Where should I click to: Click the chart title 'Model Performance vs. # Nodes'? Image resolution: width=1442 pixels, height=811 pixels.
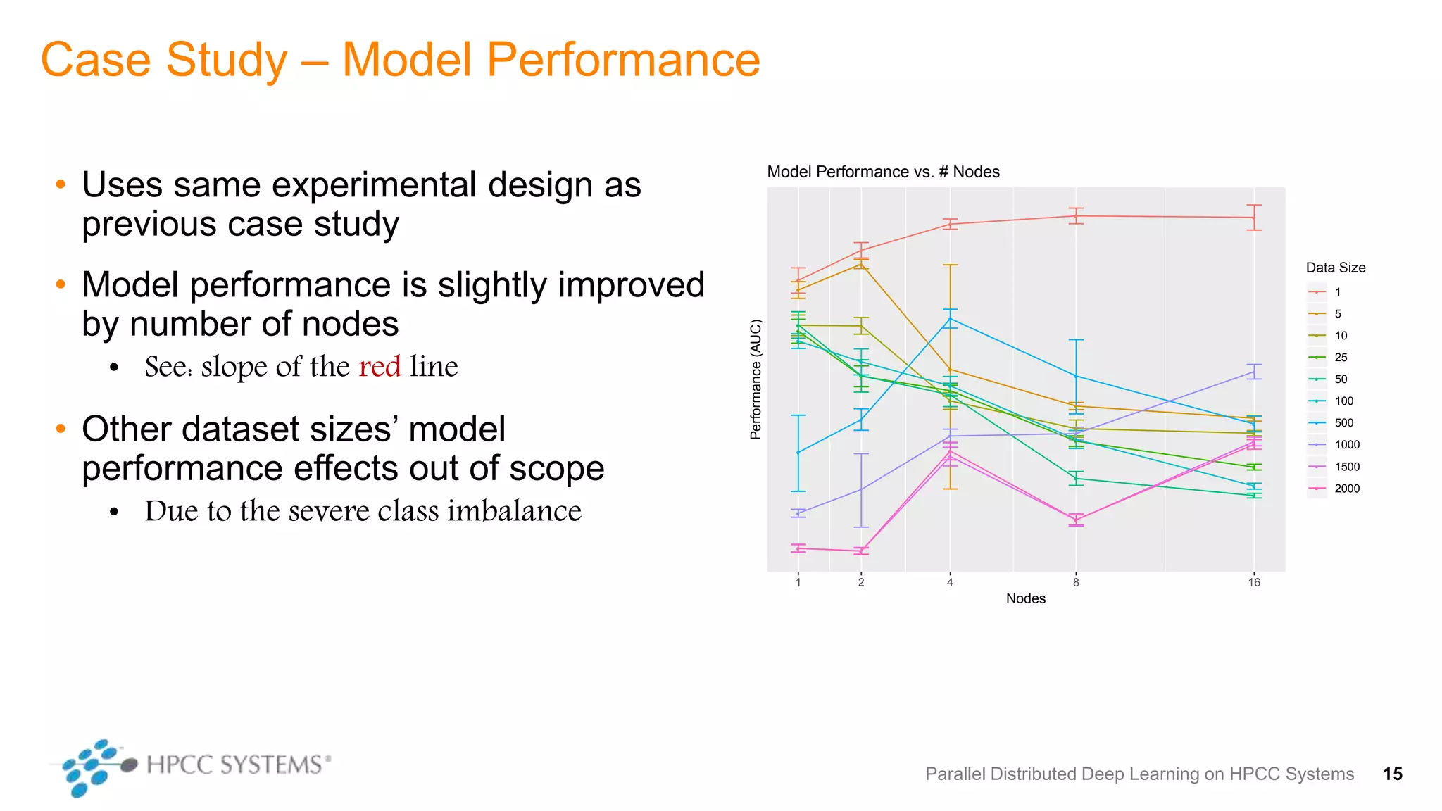tap(883, 172)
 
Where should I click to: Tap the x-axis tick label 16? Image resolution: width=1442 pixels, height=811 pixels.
tap(1254, 582)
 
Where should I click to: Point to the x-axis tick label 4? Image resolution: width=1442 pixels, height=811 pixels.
tap(950, 582)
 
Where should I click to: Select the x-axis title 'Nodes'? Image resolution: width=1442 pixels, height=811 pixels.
tap(1025, 598)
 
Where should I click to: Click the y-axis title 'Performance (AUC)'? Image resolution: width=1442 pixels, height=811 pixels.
tap(756, 379)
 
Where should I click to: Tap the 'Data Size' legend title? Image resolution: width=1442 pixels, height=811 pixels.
tap(1335, 268)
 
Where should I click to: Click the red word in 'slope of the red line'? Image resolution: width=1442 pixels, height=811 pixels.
tap(380, 367)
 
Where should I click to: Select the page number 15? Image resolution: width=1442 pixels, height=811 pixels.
tap(1392, 774)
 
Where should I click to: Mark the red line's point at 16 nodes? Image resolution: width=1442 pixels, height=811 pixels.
tap(1254, 218)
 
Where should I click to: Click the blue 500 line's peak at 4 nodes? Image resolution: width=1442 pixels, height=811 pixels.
tap(950, 319)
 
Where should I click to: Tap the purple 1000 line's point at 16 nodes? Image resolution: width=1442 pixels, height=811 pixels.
tap(1254, 372)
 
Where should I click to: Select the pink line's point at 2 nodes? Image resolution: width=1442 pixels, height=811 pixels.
tap(861, 551)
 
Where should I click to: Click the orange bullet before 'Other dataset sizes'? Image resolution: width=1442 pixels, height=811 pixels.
tap(61, 428)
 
